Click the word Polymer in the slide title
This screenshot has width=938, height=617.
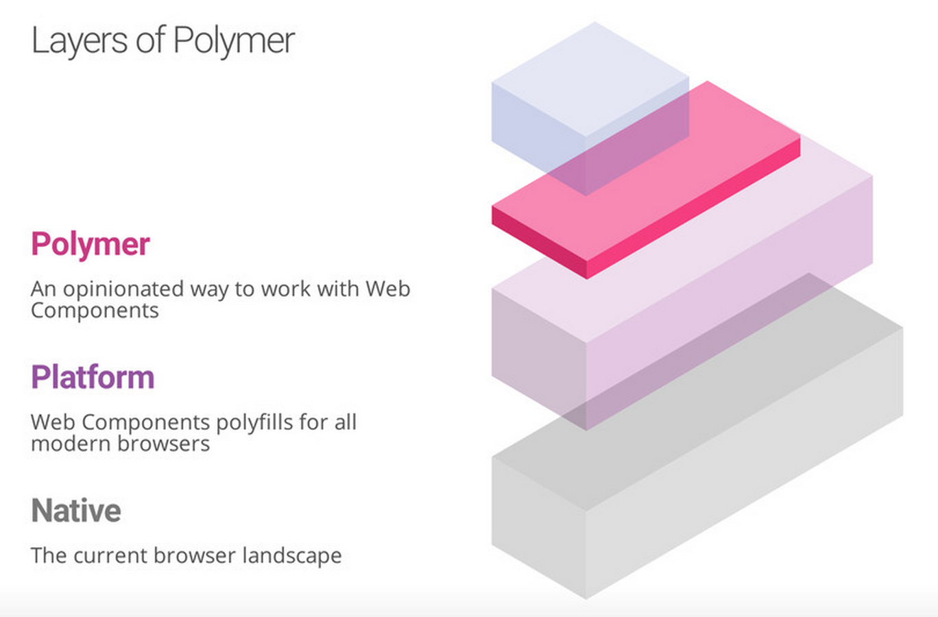[234, 41]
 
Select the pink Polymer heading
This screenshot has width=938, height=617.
[91, 244]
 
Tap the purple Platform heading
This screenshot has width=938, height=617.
[93, 377]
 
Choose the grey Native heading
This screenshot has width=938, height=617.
[76, 511]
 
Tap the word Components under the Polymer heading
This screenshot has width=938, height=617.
[95, 311]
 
